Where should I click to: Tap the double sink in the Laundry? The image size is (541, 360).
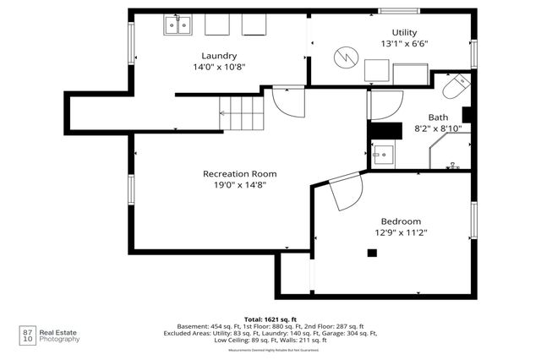click(x=177, y=26)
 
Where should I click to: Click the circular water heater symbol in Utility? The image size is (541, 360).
click(x=344, y=57)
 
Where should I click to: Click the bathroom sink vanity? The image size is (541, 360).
click(x=383, y=155)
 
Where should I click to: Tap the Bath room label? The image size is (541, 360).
click(x=438, y=117)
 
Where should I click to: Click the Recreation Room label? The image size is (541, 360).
click(x=239, y=173)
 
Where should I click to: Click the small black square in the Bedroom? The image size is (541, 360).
click(x=371, y=252)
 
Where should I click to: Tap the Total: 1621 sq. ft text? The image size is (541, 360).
click(x=270, y=319)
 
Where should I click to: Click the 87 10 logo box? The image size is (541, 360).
click(x=27, y=335)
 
